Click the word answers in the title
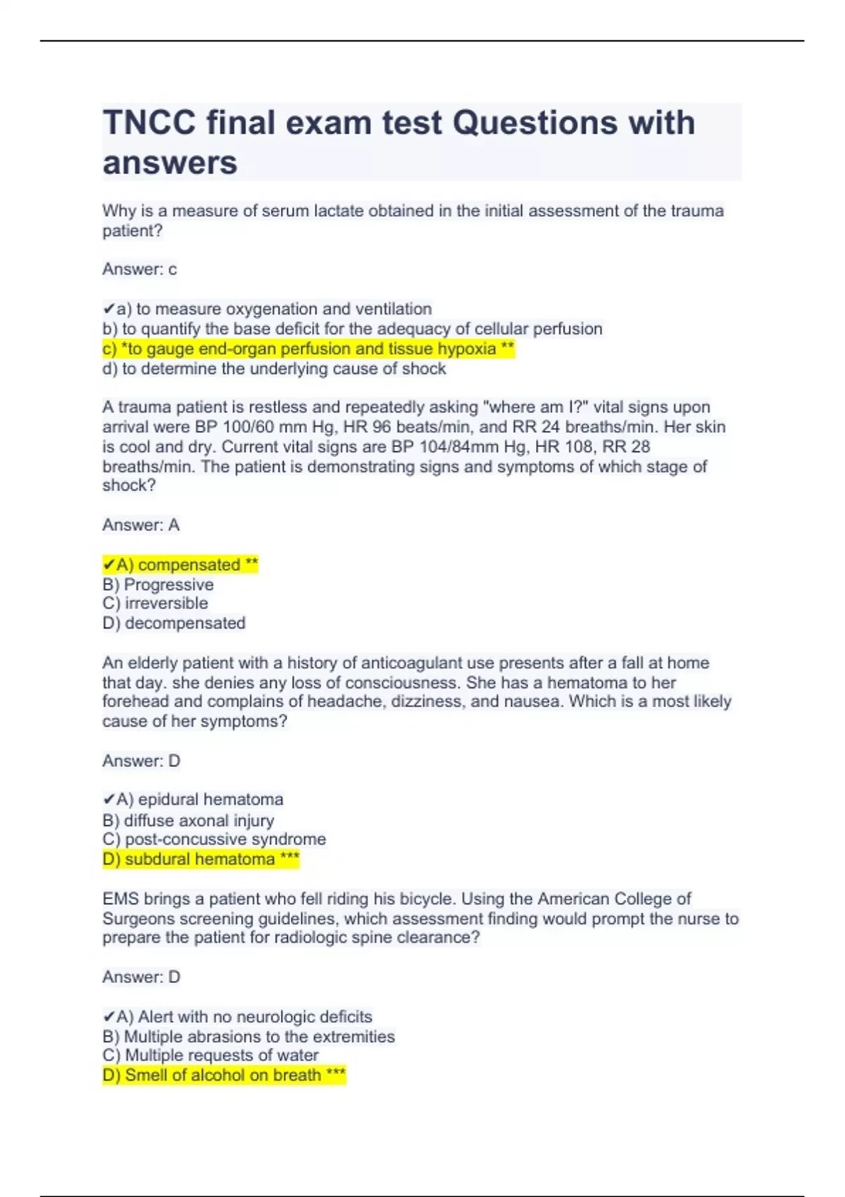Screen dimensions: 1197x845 click(170, 163)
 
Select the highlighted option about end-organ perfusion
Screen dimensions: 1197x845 click(308, 349)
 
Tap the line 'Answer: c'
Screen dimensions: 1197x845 click(139, 269)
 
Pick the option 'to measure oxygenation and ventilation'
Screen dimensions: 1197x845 click(268, 309)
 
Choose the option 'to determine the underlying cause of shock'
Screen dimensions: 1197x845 click(275, 369)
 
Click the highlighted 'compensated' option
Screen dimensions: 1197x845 click(181, 565)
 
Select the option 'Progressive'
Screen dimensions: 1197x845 click(158, 584)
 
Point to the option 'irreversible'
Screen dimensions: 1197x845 click(156, 603)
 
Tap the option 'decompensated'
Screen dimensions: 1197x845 click(174, 623)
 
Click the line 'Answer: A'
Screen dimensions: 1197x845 click(141, 525)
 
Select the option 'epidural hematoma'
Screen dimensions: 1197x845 click(194, 800)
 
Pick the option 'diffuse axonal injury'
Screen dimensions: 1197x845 click(189, 820)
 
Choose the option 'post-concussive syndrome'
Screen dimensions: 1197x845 click(215, 839)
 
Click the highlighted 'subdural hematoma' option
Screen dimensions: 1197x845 click(201, 859)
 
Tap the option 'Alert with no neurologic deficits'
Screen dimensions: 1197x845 click(238, 1017)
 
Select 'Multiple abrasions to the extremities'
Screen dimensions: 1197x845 click(249, 1036)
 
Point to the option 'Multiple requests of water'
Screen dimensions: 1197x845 click(211, 1055)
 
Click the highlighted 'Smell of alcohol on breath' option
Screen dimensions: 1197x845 click(224, 1075)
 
